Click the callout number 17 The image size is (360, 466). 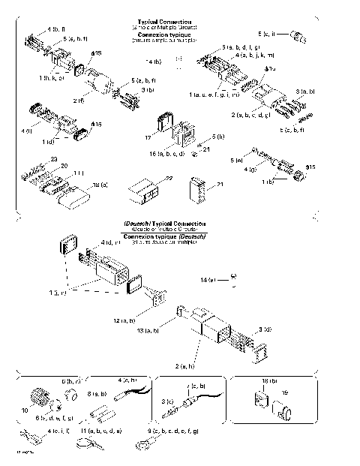[147, 138]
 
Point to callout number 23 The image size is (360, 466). [53, 159]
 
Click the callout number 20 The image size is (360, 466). [64, 166]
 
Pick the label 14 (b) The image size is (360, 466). [153, 59]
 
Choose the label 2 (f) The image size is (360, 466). [79, 99]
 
